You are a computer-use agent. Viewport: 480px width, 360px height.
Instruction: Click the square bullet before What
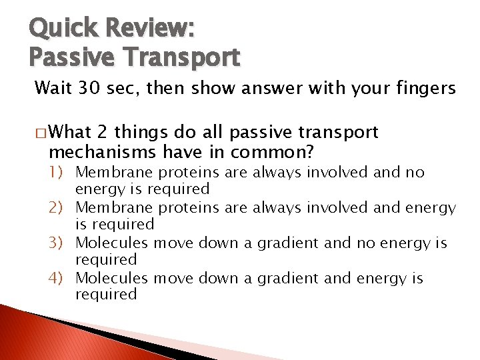pyautogui.click(x=42, y=133)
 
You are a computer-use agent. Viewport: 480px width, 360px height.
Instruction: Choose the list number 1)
pyautogui.click(x=60, y=173)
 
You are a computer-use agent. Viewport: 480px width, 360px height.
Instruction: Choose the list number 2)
pyautogui.click(x=60, y=208)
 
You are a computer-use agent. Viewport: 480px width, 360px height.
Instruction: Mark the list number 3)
pyautogui.click(x=60, y=243)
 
